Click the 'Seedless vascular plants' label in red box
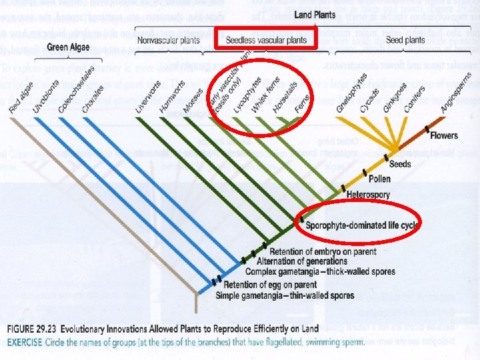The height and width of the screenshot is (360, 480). pos(267,40)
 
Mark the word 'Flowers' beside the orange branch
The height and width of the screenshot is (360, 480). pos(444,136)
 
